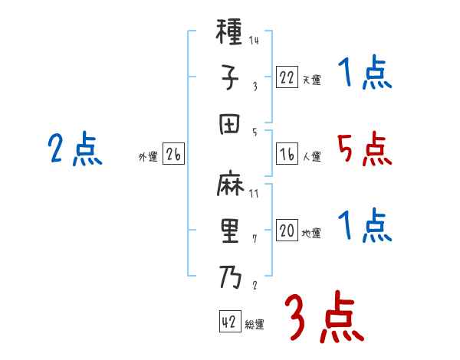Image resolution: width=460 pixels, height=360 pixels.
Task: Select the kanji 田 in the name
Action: click(229, 123)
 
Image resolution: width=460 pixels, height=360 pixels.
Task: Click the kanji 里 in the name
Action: click(229, 231)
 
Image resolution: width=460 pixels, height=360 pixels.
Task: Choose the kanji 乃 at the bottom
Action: click(229, 275)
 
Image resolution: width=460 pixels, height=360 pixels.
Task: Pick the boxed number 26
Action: click(173, 155)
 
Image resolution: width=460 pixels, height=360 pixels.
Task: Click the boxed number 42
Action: click(228, 322)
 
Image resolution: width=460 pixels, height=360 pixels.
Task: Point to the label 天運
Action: click(311, 79)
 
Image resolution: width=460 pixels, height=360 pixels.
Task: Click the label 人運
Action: click(311, 156)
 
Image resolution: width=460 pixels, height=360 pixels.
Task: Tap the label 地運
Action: click(311, 234)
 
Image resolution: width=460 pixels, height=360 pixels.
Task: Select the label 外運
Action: click(148, 157)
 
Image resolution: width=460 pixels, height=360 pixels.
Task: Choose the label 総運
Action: click(255, 325)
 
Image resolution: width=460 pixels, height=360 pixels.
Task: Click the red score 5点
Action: click(364, 149)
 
